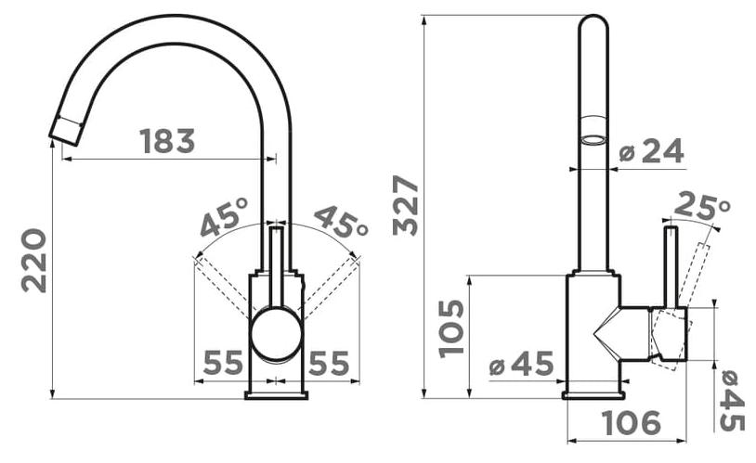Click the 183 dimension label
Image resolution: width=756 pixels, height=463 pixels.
[x=167, y=141]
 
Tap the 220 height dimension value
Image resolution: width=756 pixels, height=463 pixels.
[x=34, y=261]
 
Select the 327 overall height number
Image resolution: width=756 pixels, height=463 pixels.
[x=406, y=206]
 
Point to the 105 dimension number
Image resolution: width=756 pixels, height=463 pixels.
[x=451, y=329]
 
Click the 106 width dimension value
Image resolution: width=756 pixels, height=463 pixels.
[x=632, y=422]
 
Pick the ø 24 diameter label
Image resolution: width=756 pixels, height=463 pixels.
[x=651, y=151]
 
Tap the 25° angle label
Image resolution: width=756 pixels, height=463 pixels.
[x=702, y=205]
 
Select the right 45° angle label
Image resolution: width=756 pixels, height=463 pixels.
[x=342, y=221]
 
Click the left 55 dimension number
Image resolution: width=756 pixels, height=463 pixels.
[x=223, y=363]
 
